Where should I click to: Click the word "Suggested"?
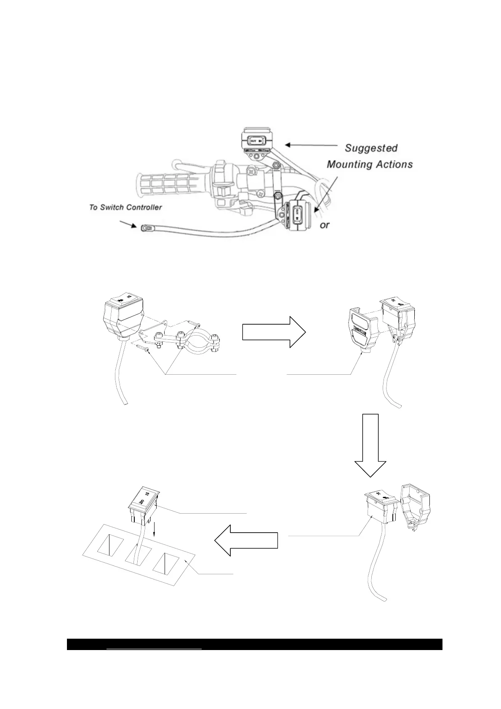371,148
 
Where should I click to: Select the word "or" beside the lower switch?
325,225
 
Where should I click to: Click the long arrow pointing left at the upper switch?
312,145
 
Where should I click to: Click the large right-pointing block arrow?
274,332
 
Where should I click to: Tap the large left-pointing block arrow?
246,541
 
